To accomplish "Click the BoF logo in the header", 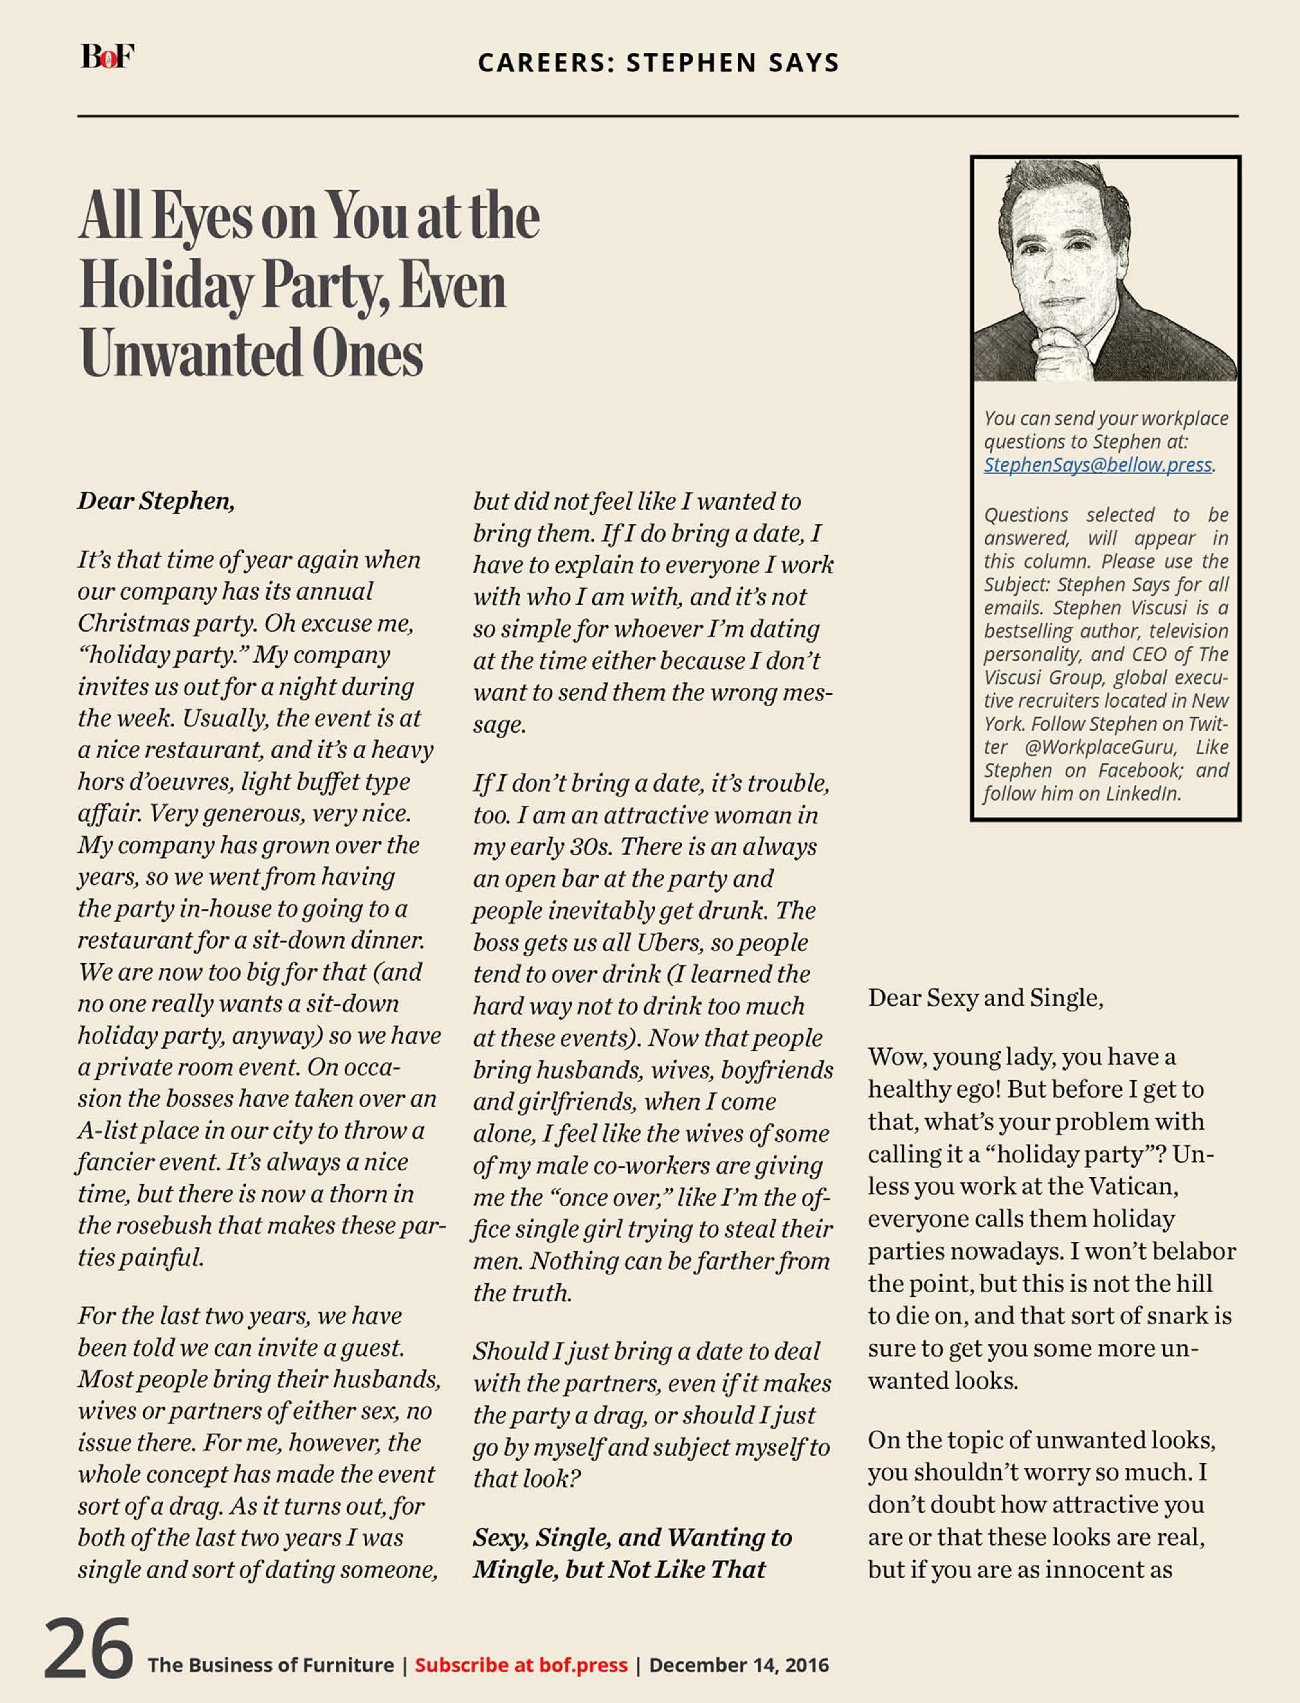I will point(108,57).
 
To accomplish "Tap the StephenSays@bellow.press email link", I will point(1097,465).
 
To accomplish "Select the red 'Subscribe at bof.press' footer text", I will point(521,1664).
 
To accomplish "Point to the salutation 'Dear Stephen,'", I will point(156,501).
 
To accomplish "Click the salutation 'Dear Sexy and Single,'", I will point(985,998).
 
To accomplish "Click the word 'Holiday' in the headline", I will point(166,286).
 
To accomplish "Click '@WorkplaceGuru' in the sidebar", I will point(1100,747).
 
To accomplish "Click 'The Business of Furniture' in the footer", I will point(271,1664).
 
